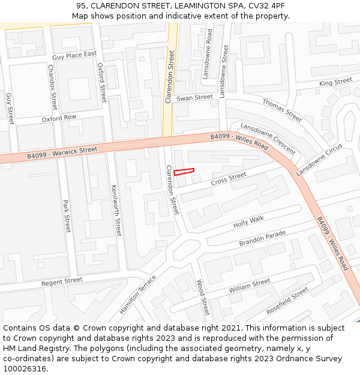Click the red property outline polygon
pos(184,172)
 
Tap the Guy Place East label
pos(74,56)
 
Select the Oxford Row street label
pos(59,118)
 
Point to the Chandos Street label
pos(51,88)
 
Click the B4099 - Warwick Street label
pos(62,153)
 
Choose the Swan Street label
pos(194,97)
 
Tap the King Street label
pos(335,82)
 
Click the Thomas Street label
pos(282,110)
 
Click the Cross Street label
pos(229,178)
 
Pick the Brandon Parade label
pos(263,238)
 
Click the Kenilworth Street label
pos(116,209)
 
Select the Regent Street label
pos(62,281)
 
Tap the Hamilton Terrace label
pos(137,294)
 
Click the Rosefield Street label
pos(287,301)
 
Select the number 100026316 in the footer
pos(25,368)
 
